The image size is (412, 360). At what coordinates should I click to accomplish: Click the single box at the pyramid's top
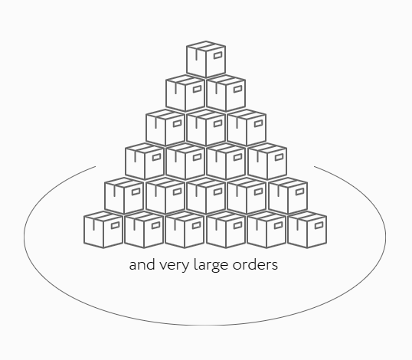[206, 60]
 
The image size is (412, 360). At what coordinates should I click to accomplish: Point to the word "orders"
[255, 265]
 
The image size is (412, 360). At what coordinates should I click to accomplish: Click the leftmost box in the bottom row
[103, 230]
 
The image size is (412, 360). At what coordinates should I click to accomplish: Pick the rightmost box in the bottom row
[307, 230]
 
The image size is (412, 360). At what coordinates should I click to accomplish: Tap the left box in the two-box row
[185, 93]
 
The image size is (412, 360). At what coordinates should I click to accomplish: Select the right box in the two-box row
[226, 93]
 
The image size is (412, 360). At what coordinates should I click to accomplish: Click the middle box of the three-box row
[206, 127]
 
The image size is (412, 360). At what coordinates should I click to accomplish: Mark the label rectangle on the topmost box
[218, 55]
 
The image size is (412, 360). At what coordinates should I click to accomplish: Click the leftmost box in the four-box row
[145, 162]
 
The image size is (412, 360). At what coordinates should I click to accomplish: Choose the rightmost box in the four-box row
[267, 162]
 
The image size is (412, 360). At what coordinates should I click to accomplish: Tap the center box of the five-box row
[206, 196]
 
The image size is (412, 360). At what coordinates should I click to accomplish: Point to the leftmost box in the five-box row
[124, 196]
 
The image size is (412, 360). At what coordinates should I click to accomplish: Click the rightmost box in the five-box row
[288, 196]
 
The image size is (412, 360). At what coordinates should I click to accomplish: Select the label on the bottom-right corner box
[319, 225]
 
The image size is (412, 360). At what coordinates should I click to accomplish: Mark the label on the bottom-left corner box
[116, 225]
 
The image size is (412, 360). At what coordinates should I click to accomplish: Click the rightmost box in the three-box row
[247, 127]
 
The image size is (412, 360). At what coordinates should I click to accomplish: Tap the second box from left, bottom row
[144, 230]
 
